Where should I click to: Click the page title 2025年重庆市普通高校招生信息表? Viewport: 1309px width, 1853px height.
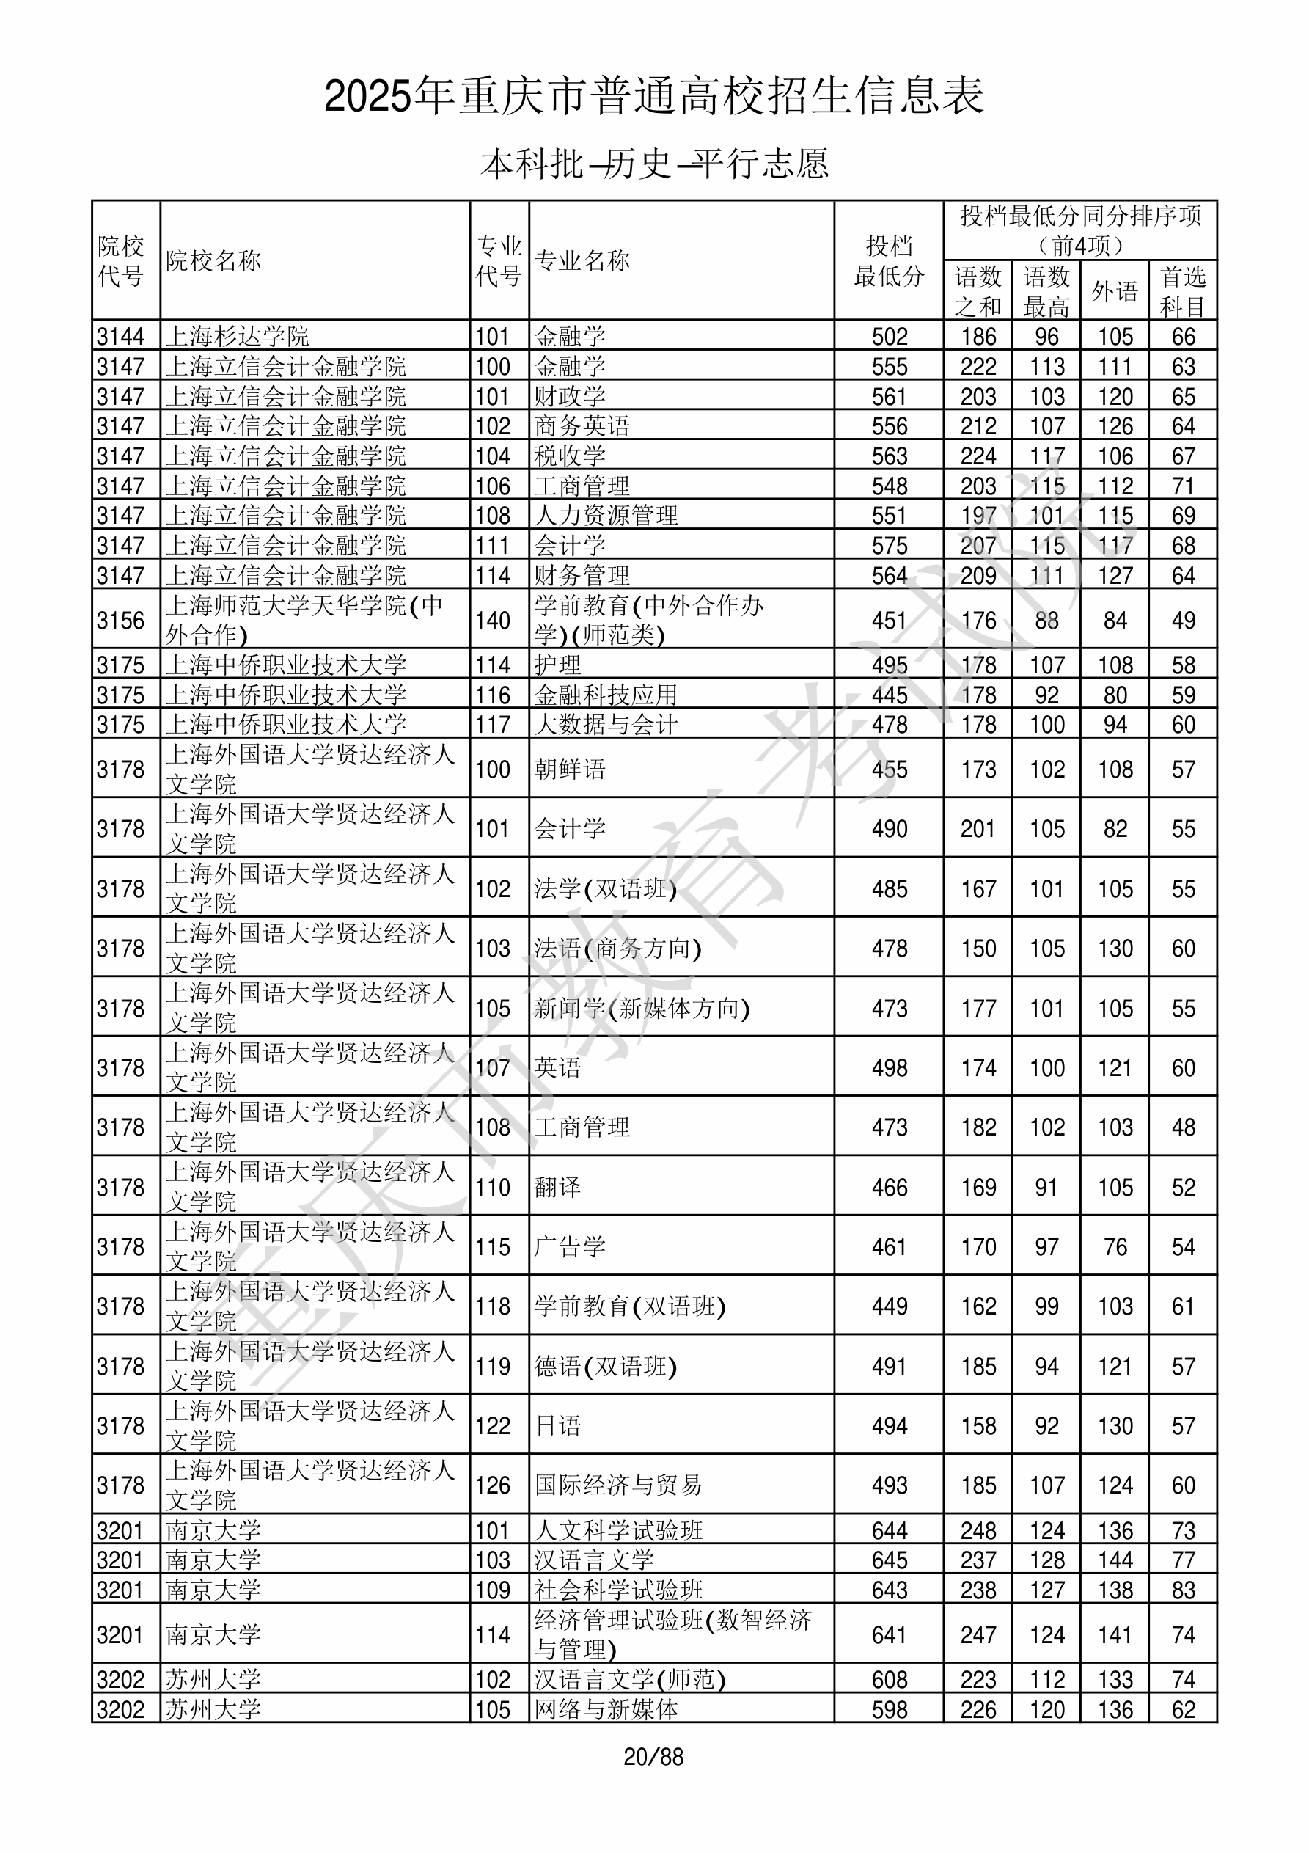tap(653, 97)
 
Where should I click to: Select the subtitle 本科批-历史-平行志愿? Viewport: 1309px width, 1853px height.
tap(653, 164)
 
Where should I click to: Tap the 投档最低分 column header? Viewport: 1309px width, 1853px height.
tap(889, 260)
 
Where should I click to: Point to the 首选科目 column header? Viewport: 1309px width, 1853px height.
tap(1182, 291)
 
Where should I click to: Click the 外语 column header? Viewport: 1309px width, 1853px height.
tap(1115, 291)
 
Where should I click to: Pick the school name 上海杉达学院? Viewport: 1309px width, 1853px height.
tap(238, 337)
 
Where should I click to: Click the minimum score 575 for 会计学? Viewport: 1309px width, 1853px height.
tap(890, 546)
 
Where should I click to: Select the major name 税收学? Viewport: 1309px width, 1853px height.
tap(570, 456)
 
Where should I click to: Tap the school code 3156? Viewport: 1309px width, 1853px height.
tap(120, 620)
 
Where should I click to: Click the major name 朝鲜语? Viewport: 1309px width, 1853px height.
tap(570, 769)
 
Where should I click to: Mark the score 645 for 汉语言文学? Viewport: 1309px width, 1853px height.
tap(890, 1560)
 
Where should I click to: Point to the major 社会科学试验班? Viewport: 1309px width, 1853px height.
tap(618, 1590)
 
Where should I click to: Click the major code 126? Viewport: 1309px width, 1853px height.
tap(492, 1485)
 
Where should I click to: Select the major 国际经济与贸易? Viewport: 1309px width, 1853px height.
tap(618, 1485)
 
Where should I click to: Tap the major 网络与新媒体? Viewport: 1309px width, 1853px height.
tap(606, 1709)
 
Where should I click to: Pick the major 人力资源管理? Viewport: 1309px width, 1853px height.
tap(606, 516)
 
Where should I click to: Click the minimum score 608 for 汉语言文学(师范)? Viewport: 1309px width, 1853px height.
tap(890, 1679)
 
